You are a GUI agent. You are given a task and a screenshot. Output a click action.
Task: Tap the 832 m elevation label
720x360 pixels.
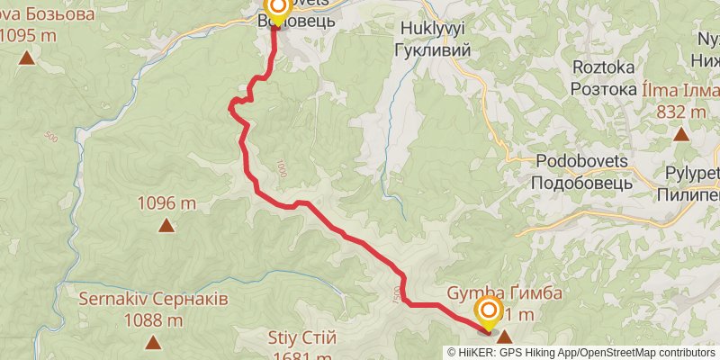click(x=681, y=112)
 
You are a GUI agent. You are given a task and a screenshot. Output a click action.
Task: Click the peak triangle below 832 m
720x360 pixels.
click(x=681, y=134)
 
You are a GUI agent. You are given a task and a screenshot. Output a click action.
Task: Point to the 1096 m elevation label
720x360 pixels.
click(x=166, y=203)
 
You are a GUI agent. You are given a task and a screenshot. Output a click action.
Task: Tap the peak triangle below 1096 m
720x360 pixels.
click(x=166, y=225)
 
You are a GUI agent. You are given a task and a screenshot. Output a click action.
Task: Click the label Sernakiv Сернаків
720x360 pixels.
click(x=153, y=298)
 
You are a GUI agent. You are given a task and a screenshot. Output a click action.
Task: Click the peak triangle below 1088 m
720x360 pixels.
click(x=153, y=342)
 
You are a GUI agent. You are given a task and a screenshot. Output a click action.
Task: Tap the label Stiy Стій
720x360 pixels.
click(x=302, y=338)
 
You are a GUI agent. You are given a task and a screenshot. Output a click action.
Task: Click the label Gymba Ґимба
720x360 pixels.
click(x=505, y=294)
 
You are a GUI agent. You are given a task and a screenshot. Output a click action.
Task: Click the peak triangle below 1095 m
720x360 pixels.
click(x=27, y=59)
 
